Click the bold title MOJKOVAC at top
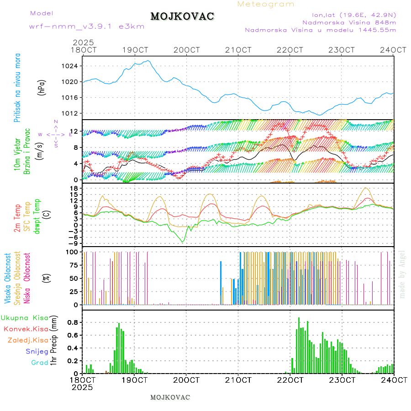pos(182,16)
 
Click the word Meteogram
pos(266,4)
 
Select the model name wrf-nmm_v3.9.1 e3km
pos(87,26)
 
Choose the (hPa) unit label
pos(42,87)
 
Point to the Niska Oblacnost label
pos(27,278)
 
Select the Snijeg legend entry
pos(37,351)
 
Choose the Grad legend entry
pos(40,363)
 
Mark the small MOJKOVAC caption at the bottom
pos(170,397)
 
